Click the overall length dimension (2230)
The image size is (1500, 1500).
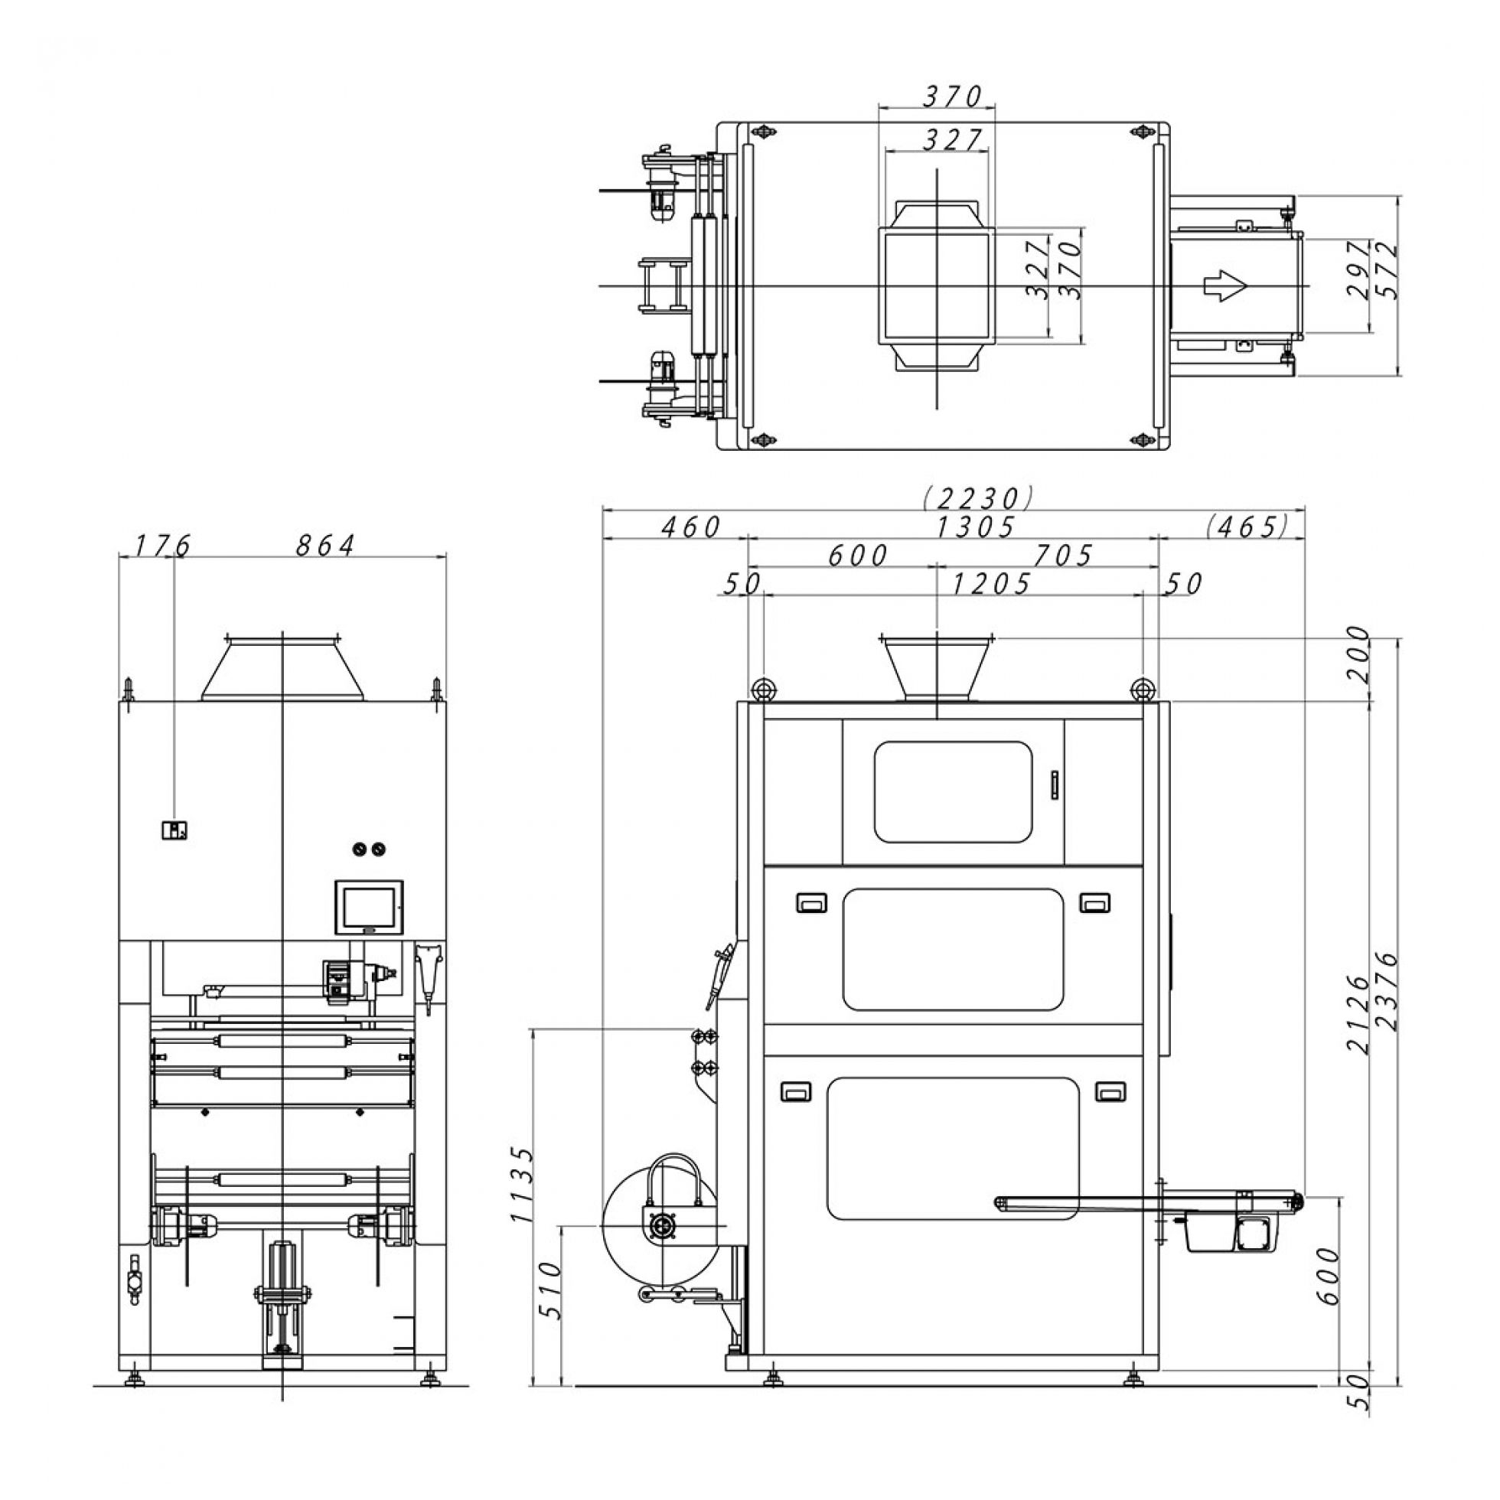point(978,496)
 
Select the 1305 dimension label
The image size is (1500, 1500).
point(976,527)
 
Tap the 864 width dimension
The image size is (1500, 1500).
point(325,546)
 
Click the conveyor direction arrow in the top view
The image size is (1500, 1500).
point(1224,285)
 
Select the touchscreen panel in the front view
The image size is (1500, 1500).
point(370,906)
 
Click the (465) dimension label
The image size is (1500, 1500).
point(1247,527)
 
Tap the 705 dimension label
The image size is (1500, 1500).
point(1063,555)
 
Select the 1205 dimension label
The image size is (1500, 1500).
point(992,583)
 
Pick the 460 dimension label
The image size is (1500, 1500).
point(690,527)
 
